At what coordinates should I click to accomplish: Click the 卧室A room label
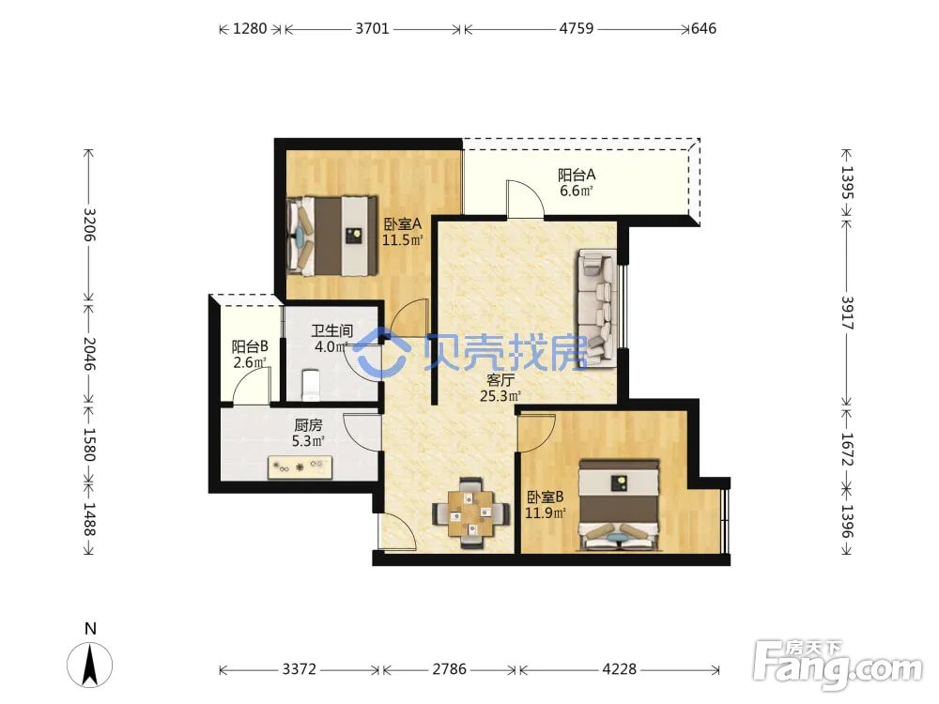(x=403, y=224)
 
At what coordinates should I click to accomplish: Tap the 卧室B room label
(x=545, y=497)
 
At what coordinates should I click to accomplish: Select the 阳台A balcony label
(x=577, y=175)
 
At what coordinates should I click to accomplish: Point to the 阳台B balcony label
(x=250, y=346)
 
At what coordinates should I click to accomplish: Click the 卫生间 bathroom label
(x=332, y=330)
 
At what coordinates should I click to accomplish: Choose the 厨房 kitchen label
(x=308, y=425)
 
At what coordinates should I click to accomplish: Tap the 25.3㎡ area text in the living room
(x=500, y=396)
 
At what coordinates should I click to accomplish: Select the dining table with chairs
(x=471, y=513)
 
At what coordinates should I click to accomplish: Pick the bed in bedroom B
(x=619, y=505)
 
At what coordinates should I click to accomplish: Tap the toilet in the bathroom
(x=311, y=384)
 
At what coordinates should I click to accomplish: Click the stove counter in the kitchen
(x=300, y=467)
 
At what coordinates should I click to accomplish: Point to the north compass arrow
(x=90, y=664)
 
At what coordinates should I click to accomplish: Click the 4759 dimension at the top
(x=577, y=28)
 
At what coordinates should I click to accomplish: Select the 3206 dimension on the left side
(x=89, y=224)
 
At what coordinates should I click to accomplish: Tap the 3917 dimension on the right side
(x=847, y=313)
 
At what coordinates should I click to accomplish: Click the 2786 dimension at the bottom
(x=449, y=668)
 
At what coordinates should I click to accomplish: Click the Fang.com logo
(x=838, y=664)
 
